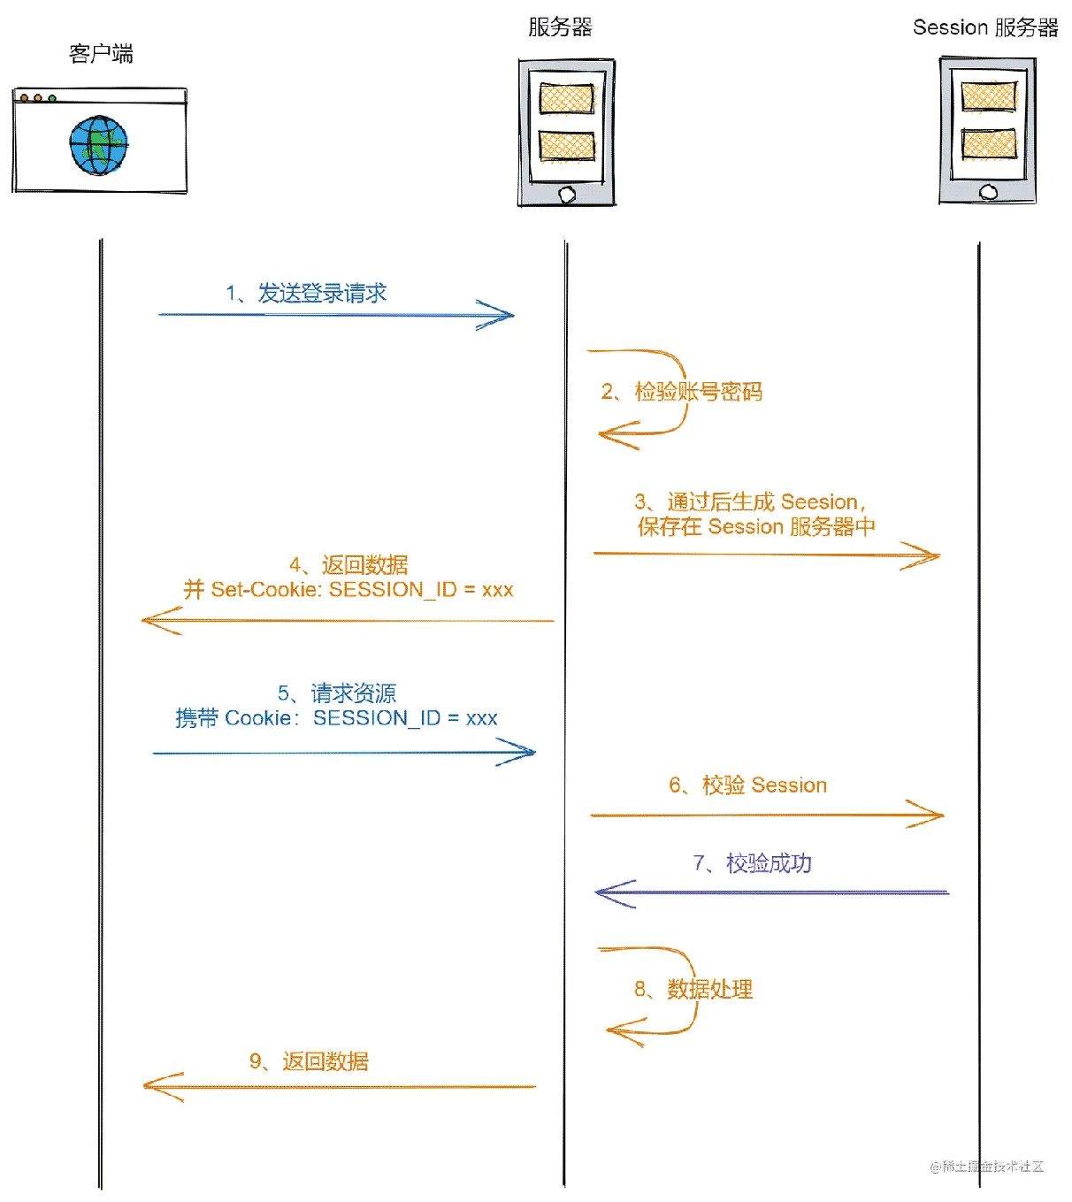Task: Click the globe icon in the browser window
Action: click(x=99, y=145)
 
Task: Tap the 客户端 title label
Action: click(x=101, y=54)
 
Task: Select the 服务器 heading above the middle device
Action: click(x=559, y=27)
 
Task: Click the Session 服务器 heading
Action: click(x=985, y=28)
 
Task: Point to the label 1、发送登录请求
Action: click(x=306, y=294)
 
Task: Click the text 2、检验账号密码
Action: click(x=681, y=392)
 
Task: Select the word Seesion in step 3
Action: click(x=819, y=502)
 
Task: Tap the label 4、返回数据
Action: click(x=348, y=565)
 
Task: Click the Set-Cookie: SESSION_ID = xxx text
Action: click(x=361, y=590)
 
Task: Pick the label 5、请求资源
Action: click(x=336, y=693)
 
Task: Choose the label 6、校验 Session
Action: click(x=747, y=785)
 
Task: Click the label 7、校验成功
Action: click(x=752, y=863)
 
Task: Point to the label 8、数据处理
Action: click(x=693, y=989)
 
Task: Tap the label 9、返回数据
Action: click(x=309, y=1061)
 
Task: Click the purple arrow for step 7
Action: click(x=770, y=892)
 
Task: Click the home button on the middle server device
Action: click(x=566, y=195)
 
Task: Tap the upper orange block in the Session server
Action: click(x=988, y=96)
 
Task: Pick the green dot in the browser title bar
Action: click(x=52, y=98)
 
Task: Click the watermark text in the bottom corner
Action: click(x=987, y=1167)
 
